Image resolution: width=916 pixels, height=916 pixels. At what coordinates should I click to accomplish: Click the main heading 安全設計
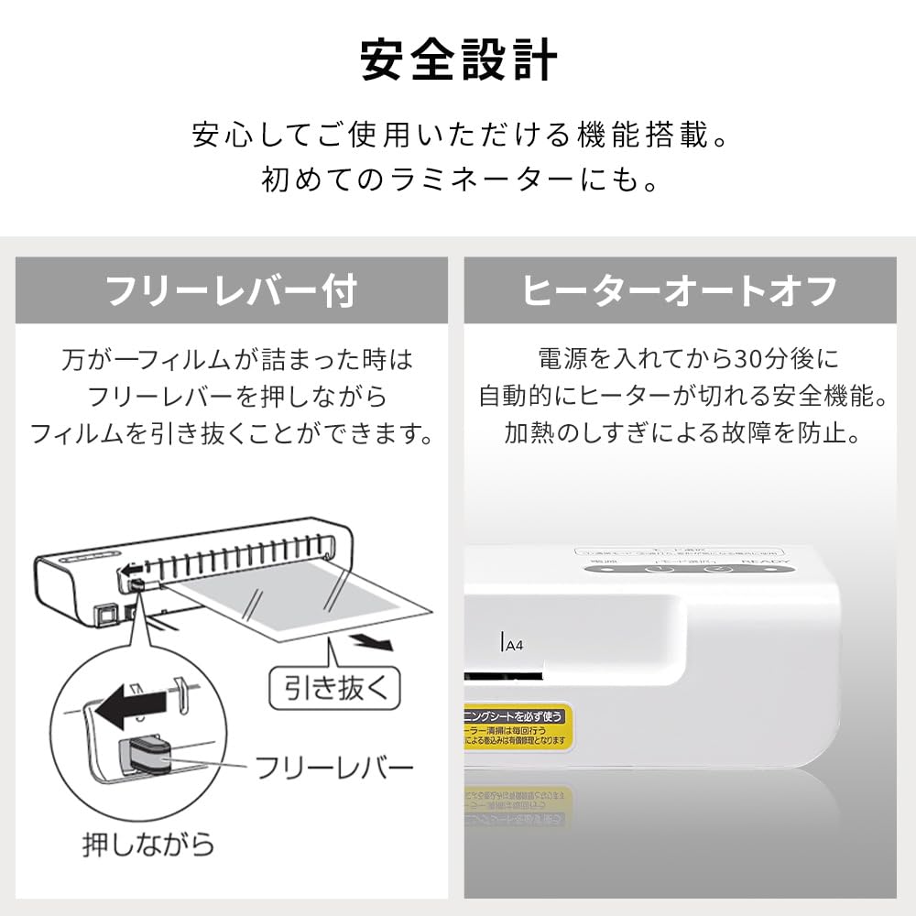[458, 60]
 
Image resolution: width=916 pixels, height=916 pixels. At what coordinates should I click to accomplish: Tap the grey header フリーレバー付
[231, 290]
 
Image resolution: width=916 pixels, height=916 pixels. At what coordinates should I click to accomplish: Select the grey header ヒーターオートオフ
[680, 290]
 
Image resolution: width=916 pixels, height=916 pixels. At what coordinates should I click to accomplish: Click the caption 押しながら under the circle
[147, 843]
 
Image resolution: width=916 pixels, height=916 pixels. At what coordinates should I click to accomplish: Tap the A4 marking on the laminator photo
[515, 644]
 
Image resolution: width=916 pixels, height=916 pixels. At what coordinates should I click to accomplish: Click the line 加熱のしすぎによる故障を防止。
[682, 432]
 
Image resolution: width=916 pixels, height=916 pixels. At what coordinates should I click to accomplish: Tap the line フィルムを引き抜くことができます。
[232, 432]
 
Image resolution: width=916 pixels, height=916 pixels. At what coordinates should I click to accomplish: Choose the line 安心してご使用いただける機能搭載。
[458, 136]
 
